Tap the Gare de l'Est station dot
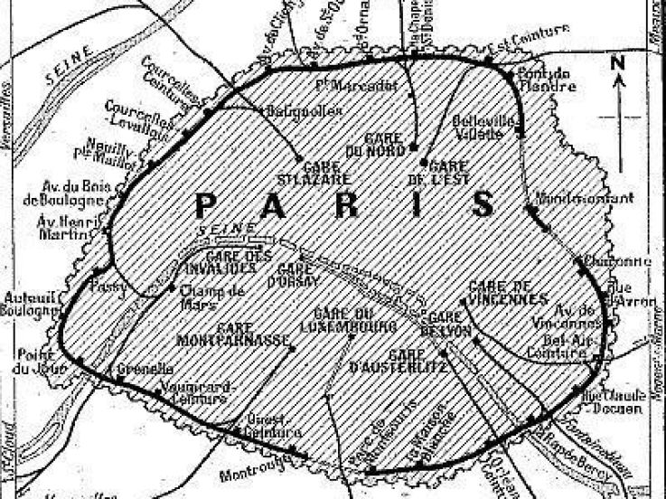pyautogui.click(x=424, y=162)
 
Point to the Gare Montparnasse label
pyautogui.click(x=253, y=334)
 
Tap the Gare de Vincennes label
pyautogui.click(x=509, y=293)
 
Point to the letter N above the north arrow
pyautogui.click(x=618, y=62)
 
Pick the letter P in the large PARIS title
pyautogui.click(x=210, y=205)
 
